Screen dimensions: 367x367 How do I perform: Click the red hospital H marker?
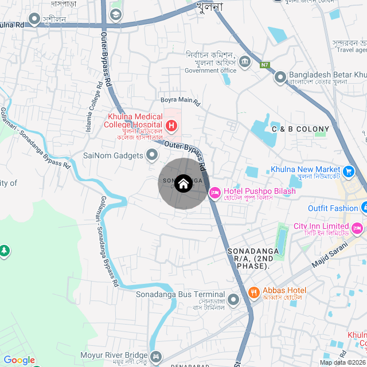coord(171,125)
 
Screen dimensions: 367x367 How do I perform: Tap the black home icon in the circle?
coord(183,183)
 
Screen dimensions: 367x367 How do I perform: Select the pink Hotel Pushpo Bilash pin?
coord(215,193)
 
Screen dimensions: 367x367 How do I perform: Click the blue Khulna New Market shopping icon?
coord(348,171)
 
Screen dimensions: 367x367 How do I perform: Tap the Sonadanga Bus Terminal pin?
coord(233,299)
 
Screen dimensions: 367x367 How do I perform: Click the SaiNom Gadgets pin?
coord(152,155)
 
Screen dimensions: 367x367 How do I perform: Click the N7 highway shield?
coord(264,65)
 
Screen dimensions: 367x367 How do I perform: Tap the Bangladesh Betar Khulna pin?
coord(280,76)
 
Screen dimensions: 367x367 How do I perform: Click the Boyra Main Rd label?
coord(179,101)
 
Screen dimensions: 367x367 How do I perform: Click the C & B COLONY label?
coord(300,130)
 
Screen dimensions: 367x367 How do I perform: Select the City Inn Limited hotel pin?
coord(357,228)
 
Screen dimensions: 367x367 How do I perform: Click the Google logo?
coord(19,360)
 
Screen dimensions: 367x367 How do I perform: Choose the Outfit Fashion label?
coord(333,208)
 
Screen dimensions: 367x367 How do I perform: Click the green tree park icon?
coord(4,251)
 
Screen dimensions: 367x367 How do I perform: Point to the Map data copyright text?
coord(342,362)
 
